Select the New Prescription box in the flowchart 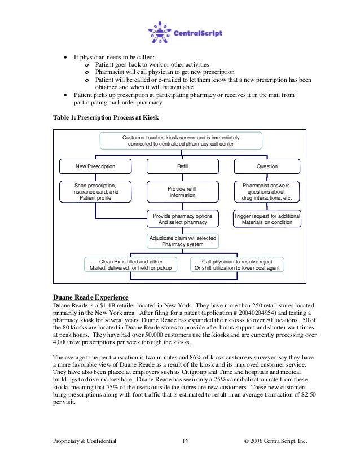[95, 166]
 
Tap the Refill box [182, 166]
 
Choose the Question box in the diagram [267, 166]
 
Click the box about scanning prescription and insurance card [95, 191]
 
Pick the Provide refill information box [182, 191]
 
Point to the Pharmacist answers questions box [267, 191]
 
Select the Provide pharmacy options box [182, 218]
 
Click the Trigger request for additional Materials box [267, 218]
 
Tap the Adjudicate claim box [182, 241]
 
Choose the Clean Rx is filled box [130, 264]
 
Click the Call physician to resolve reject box [236, 264]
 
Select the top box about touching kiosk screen [181, 140]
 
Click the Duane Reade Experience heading [90, 297]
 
